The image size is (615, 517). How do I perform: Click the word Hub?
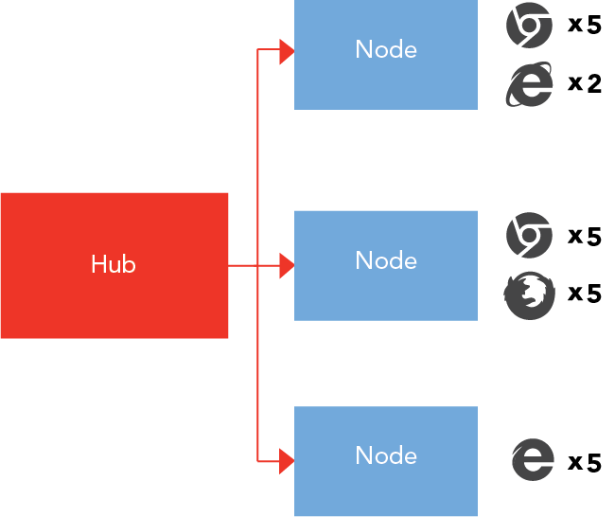[114, 264]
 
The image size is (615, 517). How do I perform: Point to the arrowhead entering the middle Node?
[287, 266]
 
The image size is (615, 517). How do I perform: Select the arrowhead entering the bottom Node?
[287, 461]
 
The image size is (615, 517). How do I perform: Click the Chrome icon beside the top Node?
[529, 26]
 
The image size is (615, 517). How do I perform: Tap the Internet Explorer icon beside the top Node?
[529, 84]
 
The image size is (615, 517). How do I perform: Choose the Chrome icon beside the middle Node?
[529, 236]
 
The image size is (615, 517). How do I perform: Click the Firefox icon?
[529, 296]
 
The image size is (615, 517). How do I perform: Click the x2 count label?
[584, 84]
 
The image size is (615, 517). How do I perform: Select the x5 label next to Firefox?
[584, 294]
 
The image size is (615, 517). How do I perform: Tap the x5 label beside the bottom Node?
[584, 463]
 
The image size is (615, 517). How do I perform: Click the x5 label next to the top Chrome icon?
[584, 26]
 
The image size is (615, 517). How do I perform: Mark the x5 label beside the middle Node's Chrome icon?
[584, 236]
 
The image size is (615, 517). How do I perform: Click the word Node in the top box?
[386, 49]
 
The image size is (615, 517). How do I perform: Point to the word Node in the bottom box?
[386, 455]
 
